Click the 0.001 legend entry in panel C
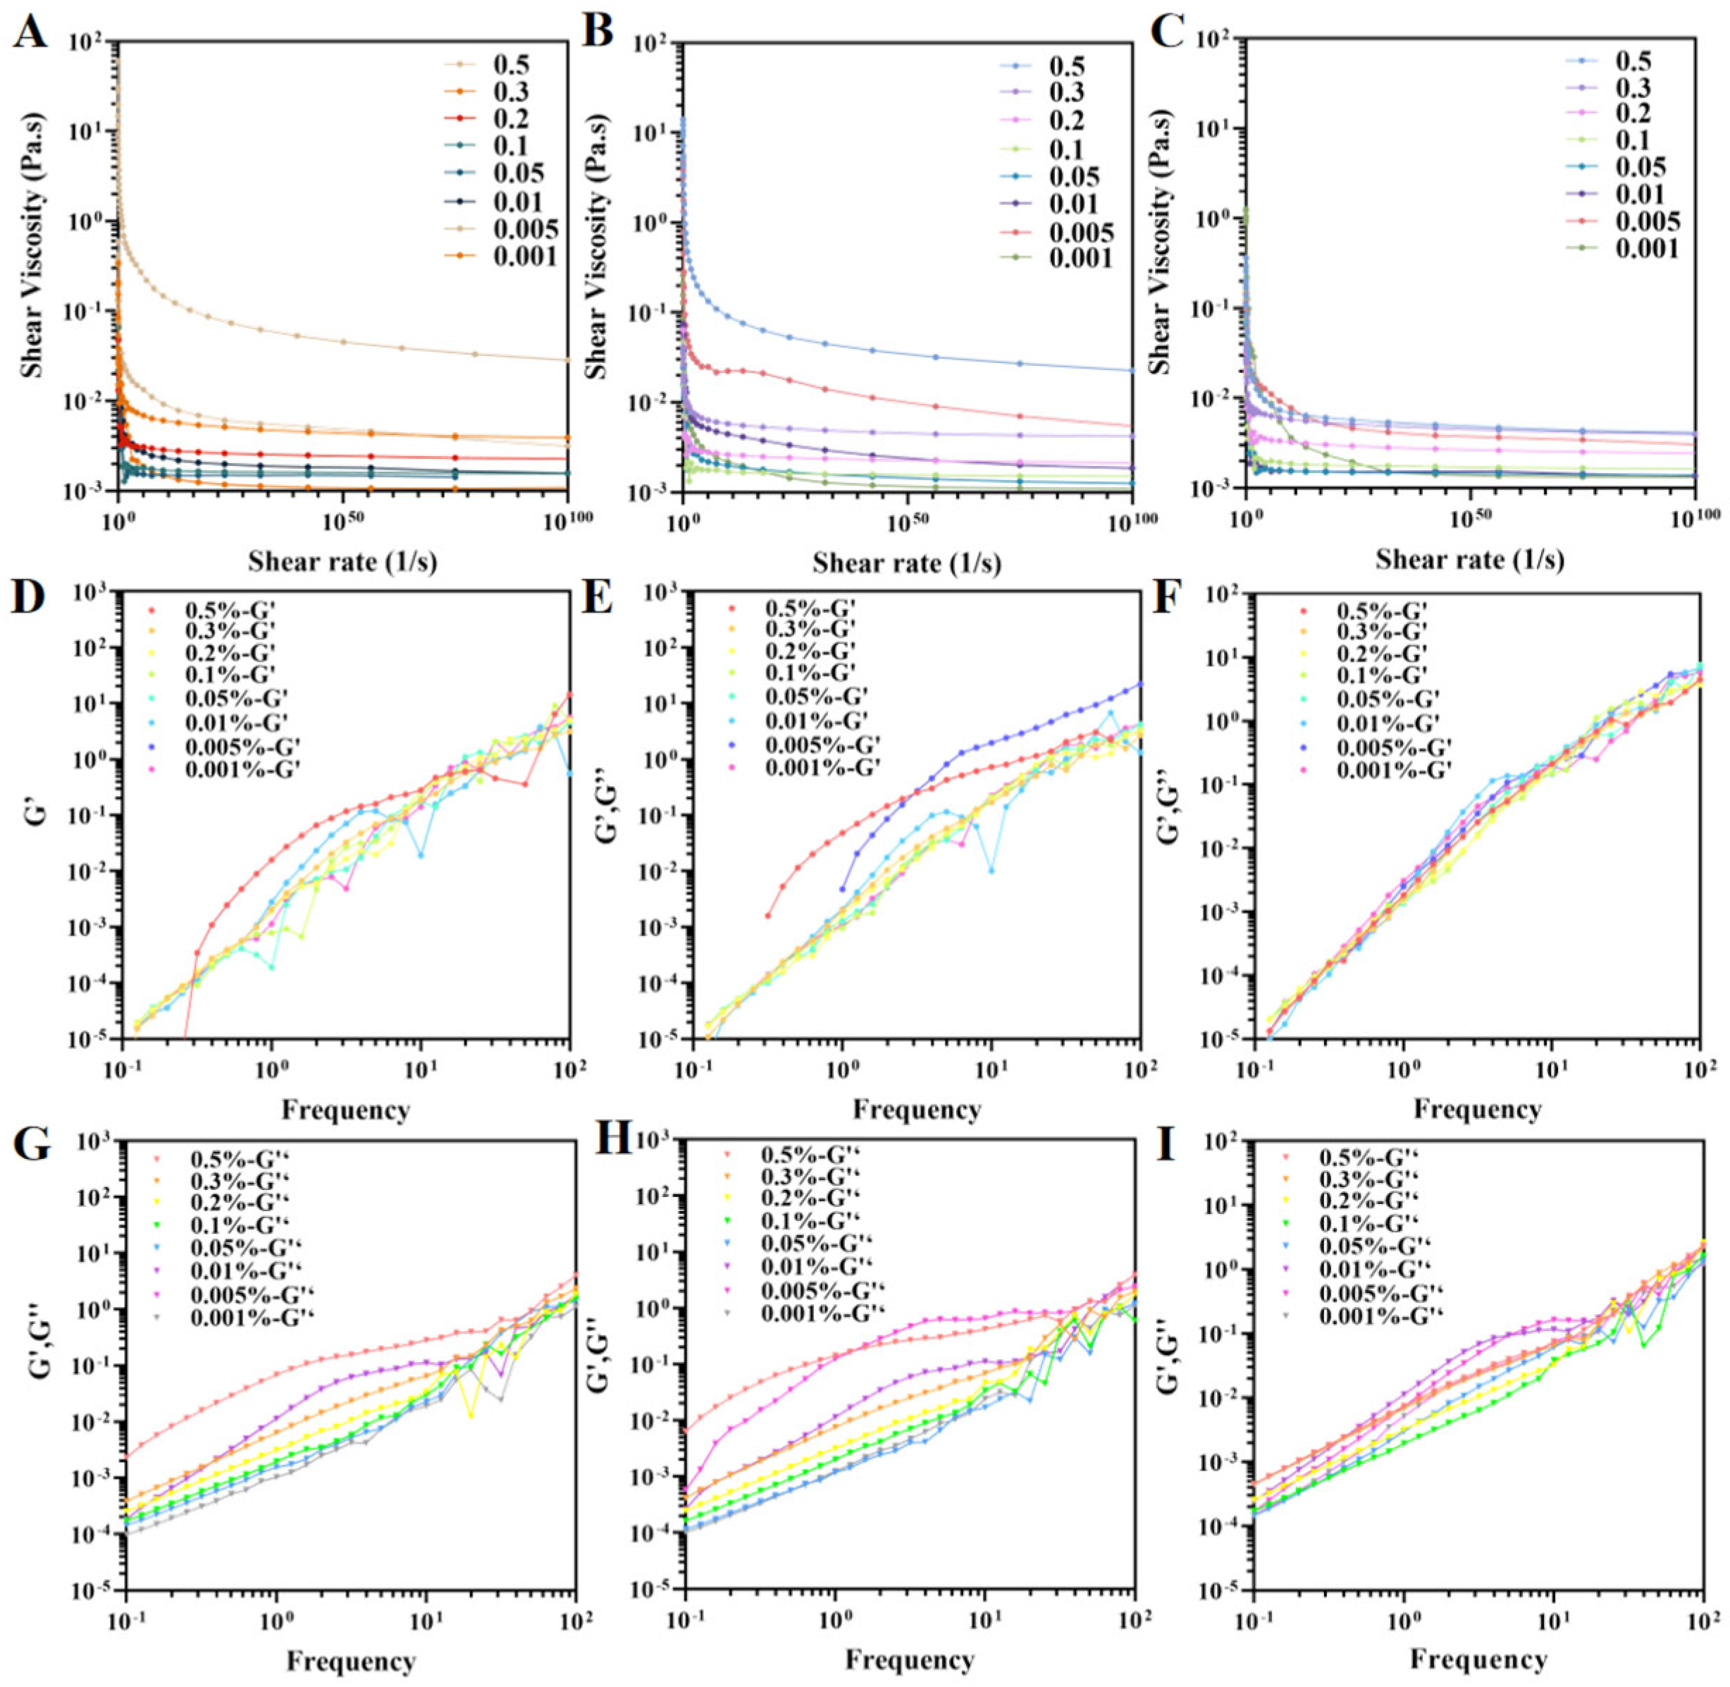[x=1647, y=249]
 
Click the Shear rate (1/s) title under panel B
[x=907, y=563]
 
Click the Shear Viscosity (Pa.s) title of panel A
[x=33, y=266]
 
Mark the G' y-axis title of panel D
[x=33, y=815]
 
